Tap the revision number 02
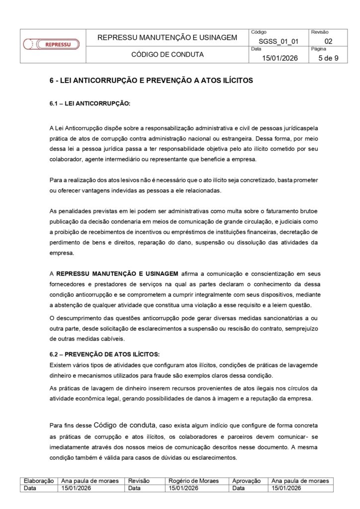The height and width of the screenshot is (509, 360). pos(328,41)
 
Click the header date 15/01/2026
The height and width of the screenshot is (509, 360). pos(279,58)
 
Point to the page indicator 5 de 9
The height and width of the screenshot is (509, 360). pos(328,58)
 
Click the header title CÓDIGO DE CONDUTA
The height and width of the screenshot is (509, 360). pos(167,55)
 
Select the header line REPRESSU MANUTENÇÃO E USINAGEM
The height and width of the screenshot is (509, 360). pos(167,37)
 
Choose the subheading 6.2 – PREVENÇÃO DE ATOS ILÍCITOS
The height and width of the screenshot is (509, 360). pos(104,354)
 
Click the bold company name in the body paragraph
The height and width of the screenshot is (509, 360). pos(117,273)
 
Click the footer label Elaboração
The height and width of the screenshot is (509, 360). pos(39,481)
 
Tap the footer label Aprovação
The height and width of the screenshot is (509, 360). pos(247,481)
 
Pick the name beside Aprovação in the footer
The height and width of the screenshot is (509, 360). pos(300,481)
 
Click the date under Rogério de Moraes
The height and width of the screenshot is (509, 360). pos(183,488)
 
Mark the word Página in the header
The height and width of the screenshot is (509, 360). pos(318,49)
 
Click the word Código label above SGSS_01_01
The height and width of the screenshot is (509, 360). pos(260,32)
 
